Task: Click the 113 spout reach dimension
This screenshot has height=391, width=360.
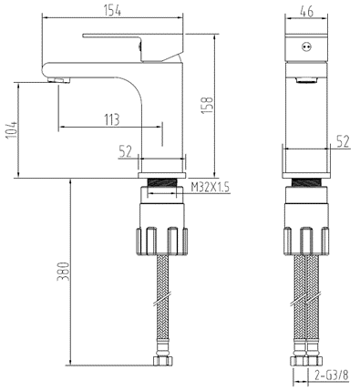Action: point(112,118)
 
